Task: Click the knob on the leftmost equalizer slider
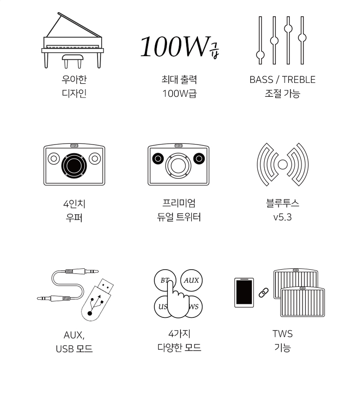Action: (x=260, y=55)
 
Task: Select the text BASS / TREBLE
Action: (x=283, y=79)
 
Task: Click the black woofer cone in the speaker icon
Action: (x=74, y=166)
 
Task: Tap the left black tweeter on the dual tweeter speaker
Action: (x=158, y=158)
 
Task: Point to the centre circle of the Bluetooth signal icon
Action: (x=283, y=164)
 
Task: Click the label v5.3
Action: (x=283, y=217)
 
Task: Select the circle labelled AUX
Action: (x=191, y=280)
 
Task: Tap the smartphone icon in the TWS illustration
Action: (x=244, y=293)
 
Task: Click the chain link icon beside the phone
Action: (x=264, y=293)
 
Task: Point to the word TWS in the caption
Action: (x=283, y=334)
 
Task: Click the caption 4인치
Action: (x=74, y=204)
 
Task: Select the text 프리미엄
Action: (x=179, y=203)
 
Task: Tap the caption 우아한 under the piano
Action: (x=74, y=79)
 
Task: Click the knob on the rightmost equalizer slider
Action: (x=302, y=38)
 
